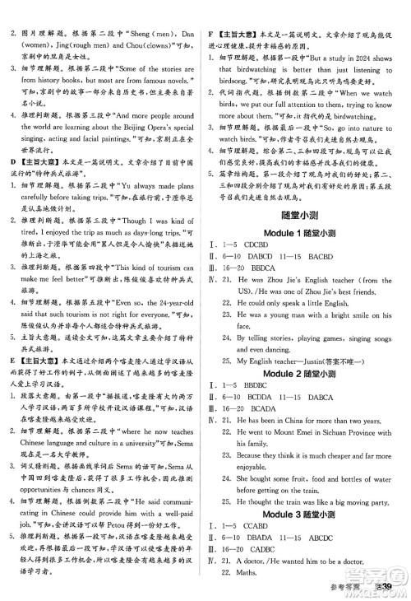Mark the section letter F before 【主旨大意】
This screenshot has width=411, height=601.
coord(212,8)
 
